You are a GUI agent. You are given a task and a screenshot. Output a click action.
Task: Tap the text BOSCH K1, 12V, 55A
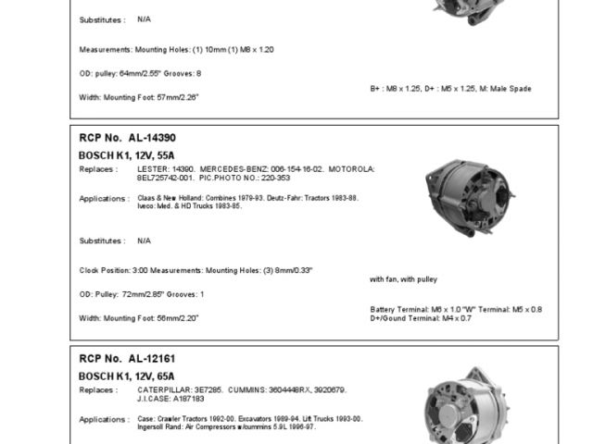[x=127, y=155]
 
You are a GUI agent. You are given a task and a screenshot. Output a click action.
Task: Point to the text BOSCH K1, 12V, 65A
[x=127, y=376]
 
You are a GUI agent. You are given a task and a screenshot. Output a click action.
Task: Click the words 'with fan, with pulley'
[x=404, y=278]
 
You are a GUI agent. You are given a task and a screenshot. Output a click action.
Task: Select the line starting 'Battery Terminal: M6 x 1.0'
[x=456, y=309]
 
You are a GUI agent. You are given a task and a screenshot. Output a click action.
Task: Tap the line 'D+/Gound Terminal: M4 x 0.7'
[x=421, y=318]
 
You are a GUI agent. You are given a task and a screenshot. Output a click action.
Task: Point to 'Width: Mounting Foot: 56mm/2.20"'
[x=139, y=318]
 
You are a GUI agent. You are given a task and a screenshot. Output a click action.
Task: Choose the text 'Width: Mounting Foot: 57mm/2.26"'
[x=139, y=97]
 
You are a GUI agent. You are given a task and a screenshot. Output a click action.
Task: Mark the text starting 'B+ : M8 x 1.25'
[x=450, y=89]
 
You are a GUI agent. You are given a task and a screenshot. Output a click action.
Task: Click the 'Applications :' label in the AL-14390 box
[x=103, y=198]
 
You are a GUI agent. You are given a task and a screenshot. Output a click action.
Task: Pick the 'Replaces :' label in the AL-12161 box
[x=97, y=389]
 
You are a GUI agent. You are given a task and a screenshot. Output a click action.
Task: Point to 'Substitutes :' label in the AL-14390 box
[x=102, y=240]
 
